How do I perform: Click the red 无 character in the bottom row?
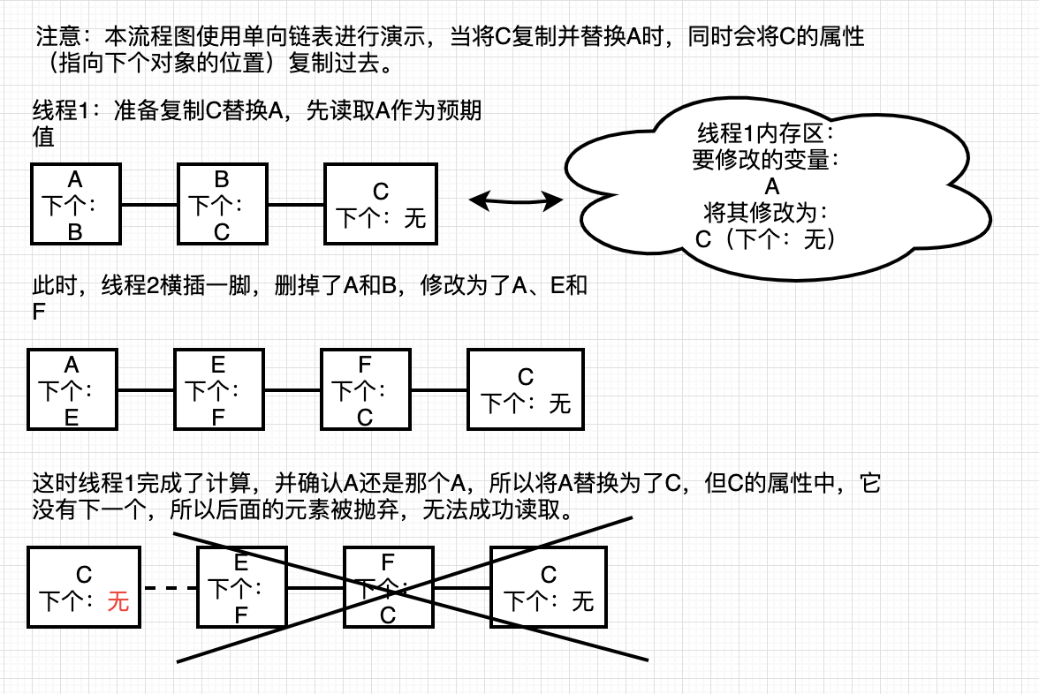point(118,601)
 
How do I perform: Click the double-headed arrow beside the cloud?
point(516,200)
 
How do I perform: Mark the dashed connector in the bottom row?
point(170,588)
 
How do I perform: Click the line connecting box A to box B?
point(150,205)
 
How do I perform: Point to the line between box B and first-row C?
point(296,205)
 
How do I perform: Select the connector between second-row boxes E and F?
point(293,390)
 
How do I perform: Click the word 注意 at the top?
point(57,35)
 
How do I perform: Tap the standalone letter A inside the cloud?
point(772,186)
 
